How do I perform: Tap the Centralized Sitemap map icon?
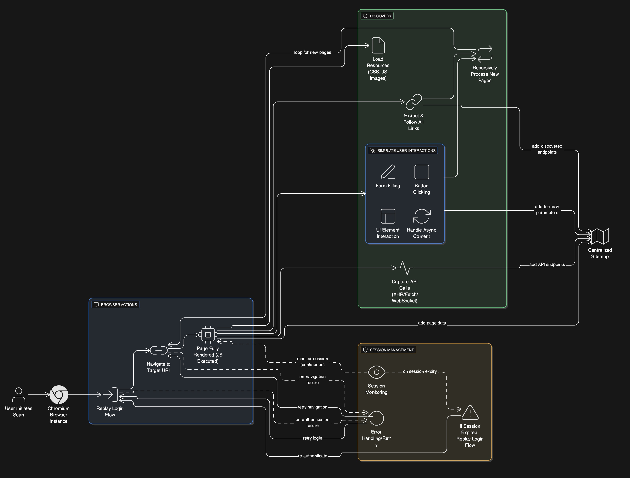coord(600,236)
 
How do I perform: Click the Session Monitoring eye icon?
coord(376,372)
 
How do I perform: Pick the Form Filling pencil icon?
coord(388,172)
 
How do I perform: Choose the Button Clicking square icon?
coord(421,172)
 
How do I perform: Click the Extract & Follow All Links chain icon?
coord(414,102)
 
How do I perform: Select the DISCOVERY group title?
coord(380,16)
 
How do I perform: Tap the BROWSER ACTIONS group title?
coord(119,305)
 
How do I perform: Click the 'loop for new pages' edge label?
coord(312,52)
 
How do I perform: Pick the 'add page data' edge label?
coord(432,323)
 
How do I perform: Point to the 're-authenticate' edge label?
coord(312,456)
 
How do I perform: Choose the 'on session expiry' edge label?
coord(420,371)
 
